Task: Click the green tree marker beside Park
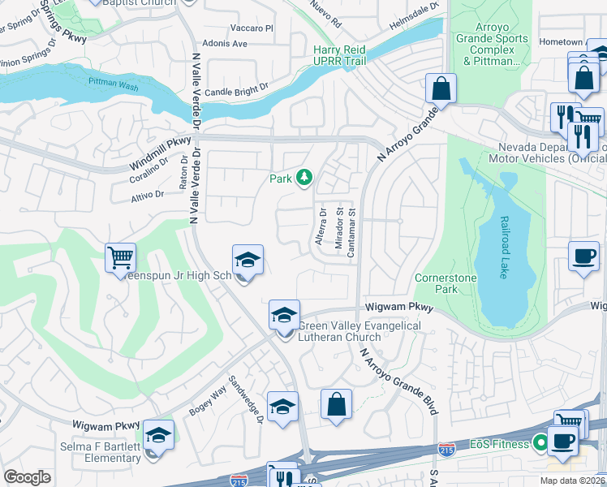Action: tap(304, 177)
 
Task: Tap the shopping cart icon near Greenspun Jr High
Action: tap(120, 258)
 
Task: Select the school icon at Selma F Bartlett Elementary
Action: tap(159, 435)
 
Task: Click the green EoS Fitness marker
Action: tap(536, 443)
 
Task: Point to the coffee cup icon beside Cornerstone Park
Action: tap(583, 256)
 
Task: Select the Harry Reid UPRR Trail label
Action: tap(340, 55)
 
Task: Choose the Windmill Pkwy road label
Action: tap(160, 154)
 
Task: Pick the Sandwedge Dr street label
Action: tap(246, 399)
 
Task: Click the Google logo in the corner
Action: tap(27, 477)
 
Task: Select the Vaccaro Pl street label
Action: tap(252, 28)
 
